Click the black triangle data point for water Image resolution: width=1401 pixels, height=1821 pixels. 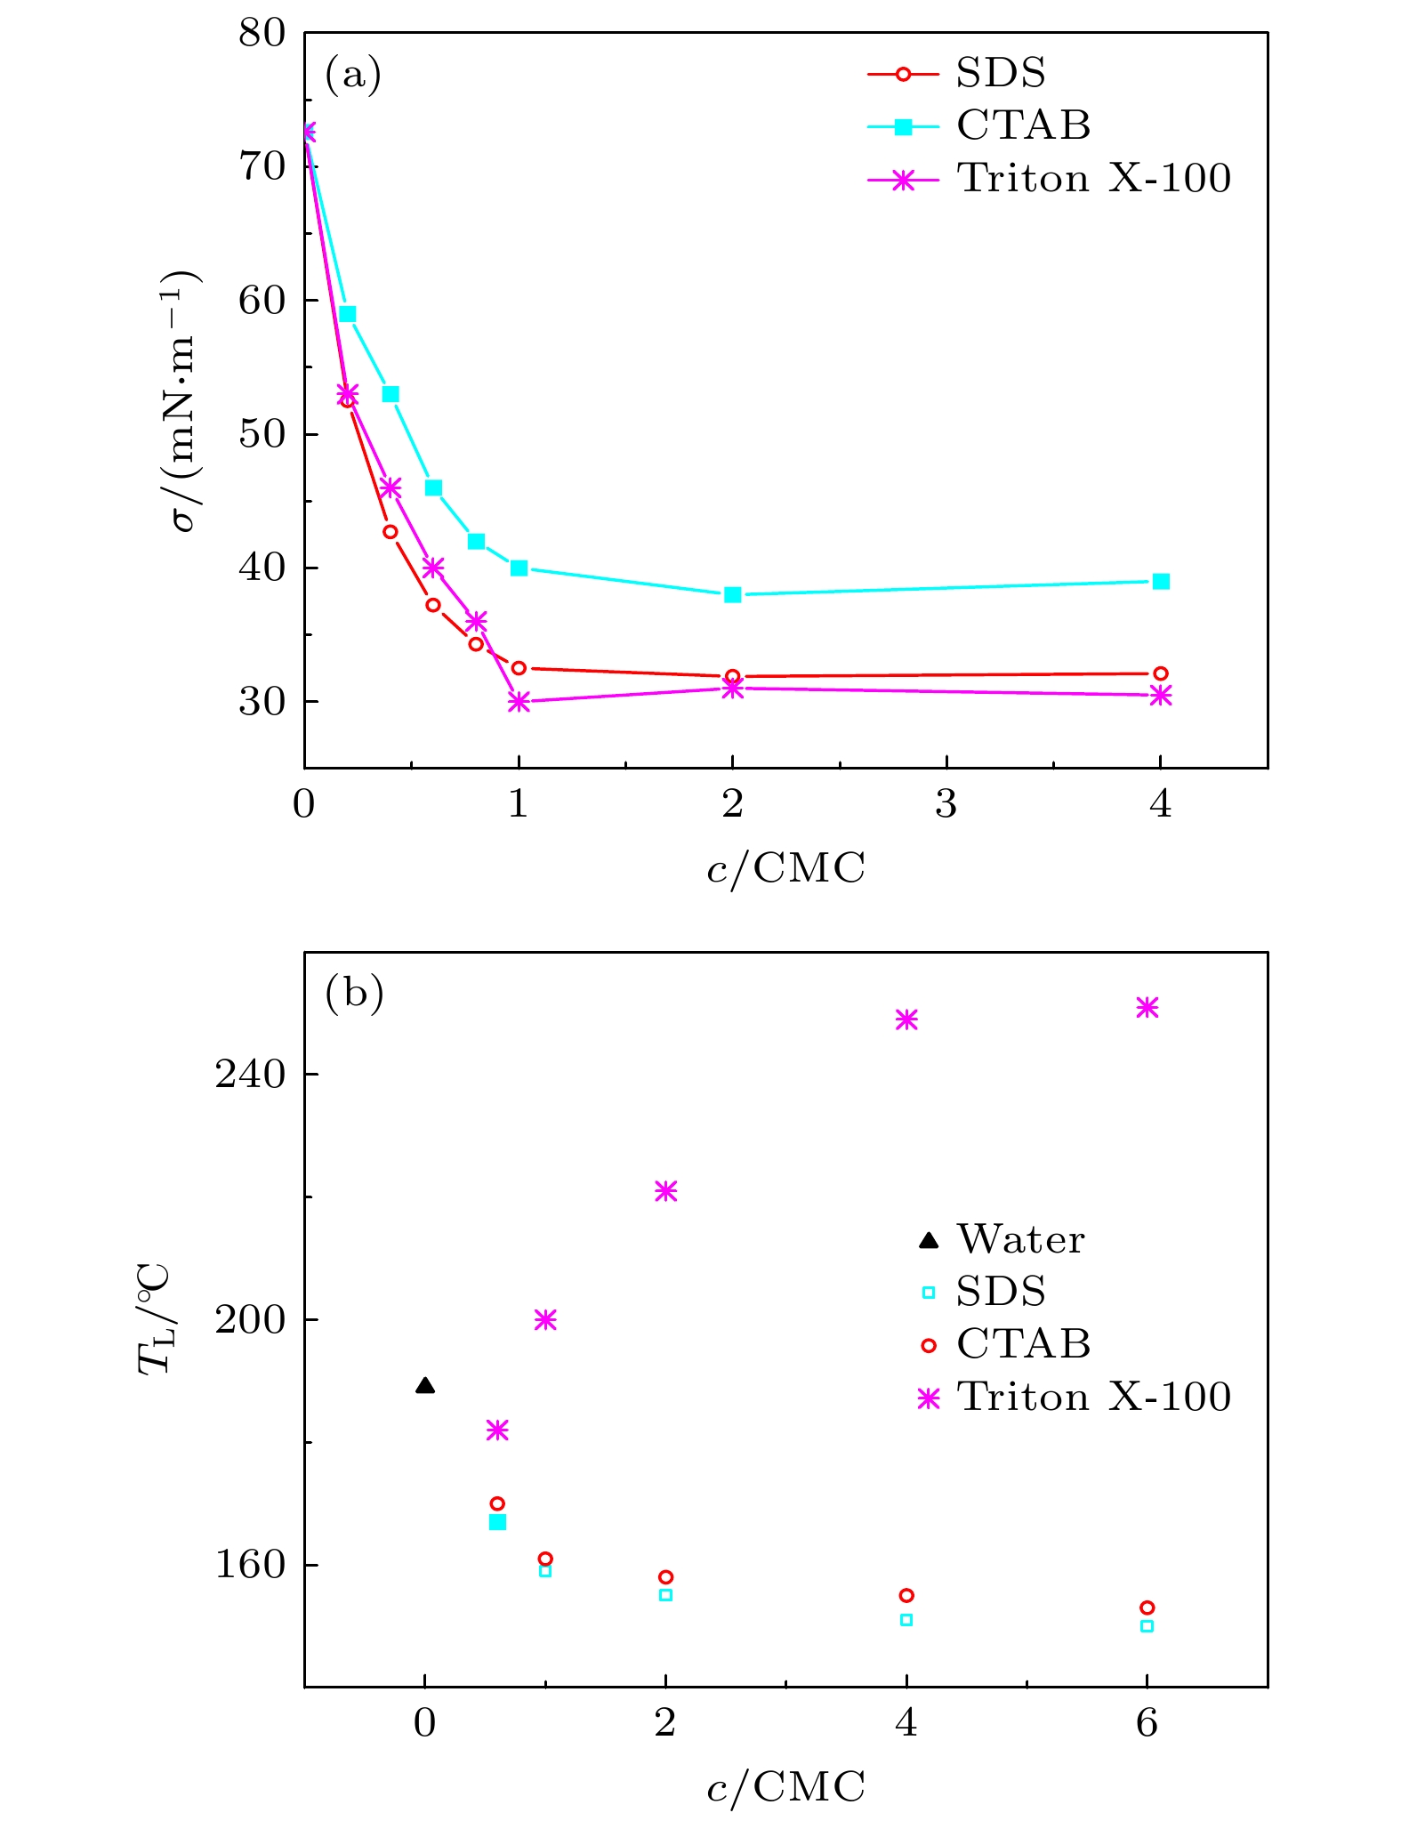pyautogui.click(x=425, y=1385)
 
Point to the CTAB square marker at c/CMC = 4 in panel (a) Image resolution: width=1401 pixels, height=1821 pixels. pyautogui.click(x=1160, y=581)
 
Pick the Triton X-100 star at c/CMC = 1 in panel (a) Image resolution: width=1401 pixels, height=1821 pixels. pyautogui.click(x=519, y=702)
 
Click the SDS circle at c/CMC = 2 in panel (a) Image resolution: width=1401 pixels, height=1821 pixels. pyautogui.click(x=732, y=676)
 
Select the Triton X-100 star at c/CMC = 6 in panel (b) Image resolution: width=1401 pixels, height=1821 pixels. pyautogui.click(x=1147, y=1007)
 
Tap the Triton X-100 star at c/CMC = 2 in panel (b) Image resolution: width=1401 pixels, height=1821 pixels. pyautogui.click(x=665, y=1191)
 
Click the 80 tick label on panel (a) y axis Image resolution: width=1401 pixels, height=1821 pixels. pyautogui.click(x=262, y=34)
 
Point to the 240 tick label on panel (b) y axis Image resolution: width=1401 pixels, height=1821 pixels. pyautogui.click(x=250, y=1074)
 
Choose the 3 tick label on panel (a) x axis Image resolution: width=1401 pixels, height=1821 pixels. pyautogui.click(x=946, y=804)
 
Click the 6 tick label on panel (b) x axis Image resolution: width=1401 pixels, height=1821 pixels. pyautogui.click(x=1147, y=1723)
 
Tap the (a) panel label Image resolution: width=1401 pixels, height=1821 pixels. pyautogui.click(x=353, y=75)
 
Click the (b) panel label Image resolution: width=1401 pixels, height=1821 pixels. pyautogui.click(x=354, y=993)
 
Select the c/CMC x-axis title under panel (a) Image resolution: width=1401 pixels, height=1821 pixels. pyautogui.click(x=785, y=867)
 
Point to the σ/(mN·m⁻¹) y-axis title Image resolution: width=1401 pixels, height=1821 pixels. pyautogui.click(x=184, y=399)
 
